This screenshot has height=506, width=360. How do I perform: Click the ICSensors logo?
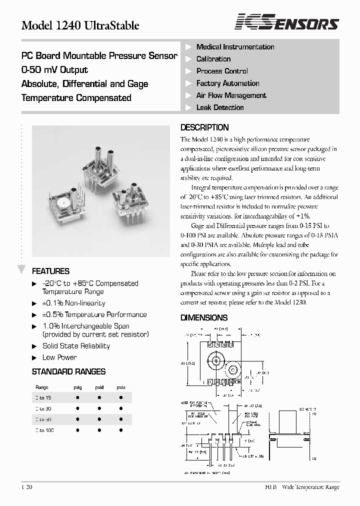287,23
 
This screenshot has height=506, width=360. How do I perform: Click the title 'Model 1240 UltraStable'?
80,25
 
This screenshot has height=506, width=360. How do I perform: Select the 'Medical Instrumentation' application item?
235,47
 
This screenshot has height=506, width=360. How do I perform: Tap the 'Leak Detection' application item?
220,107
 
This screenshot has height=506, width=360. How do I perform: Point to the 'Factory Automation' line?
227,83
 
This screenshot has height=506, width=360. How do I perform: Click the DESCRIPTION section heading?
204,127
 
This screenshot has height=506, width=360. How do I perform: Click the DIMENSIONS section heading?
204,317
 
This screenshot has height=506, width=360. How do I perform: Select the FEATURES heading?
50,271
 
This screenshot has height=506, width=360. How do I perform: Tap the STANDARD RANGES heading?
68,371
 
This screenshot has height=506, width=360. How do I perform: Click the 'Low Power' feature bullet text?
59,357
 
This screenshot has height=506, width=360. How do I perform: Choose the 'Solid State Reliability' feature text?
76,346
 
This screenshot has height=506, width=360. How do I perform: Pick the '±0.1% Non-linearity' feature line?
73,303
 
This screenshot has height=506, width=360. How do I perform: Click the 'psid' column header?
99,387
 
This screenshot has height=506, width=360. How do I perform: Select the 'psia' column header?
121,387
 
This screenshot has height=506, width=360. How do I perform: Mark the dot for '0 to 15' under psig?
78,397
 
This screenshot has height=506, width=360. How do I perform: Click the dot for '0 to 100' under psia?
121,430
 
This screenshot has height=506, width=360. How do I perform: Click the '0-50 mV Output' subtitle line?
54,70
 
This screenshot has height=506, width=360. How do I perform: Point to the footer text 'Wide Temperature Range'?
310,487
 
